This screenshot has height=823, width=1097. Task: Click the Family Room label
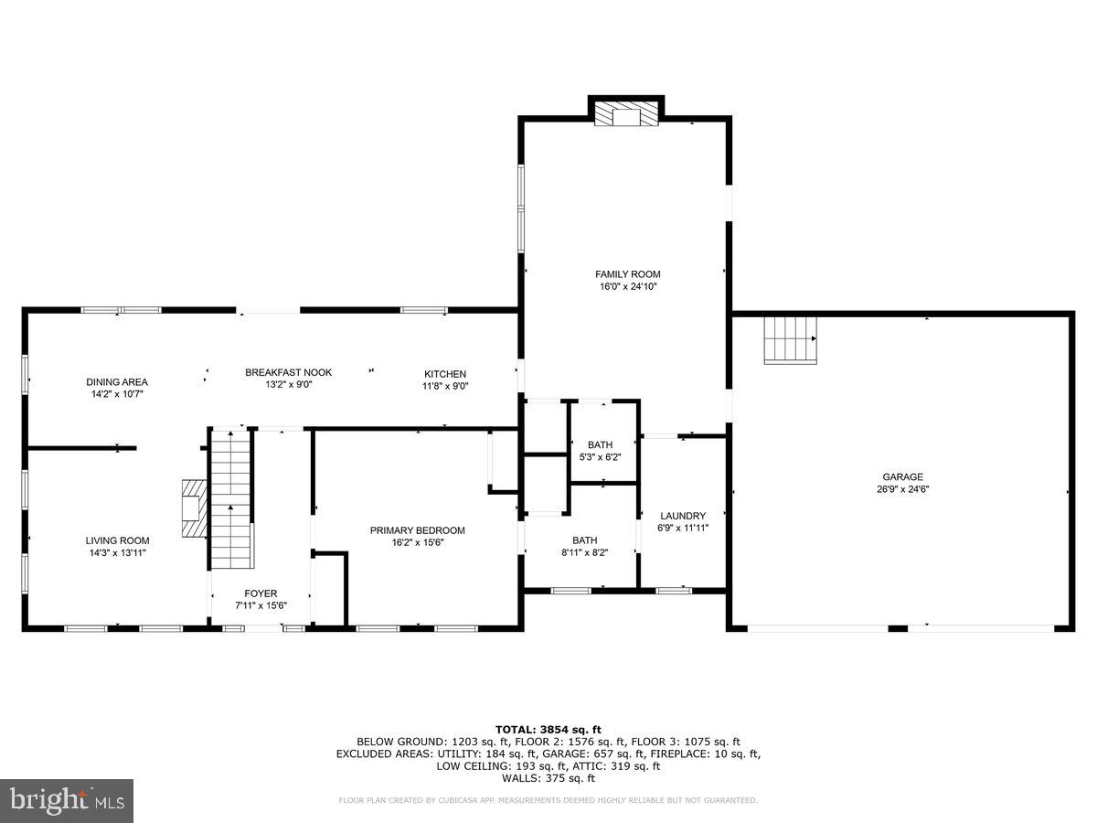627,274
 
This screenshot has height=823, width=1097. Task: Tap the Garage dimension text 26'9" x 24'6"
902,489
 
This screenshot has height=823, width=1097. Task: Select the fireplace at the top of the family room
626,114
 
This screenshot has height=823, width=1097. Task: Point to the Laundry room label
682,516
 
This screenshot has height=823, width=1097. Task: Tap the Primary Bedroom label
417,530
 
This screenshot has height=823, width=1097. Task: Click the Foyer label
261,593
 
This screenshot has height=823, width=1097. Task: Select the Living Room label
117,540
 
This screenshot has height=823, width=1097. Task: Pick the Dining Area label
116,382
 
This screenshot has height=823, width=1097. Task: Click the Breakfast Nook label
288,372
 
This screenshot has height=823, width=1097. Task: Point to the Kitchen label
445,374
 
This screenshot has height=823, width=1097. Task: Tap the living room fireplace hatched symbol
192,508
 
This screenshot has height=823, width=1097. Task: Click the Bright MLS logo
67,800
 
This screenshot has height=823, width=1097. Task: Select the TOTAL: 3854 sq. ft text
548,729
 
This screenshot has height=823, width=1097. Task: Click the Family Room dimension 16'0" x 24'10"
627,287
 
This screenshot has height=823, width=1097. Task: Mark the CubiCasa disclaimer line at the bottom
548,801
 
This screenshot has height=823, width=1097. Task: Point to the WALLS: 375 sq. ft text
548,778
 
